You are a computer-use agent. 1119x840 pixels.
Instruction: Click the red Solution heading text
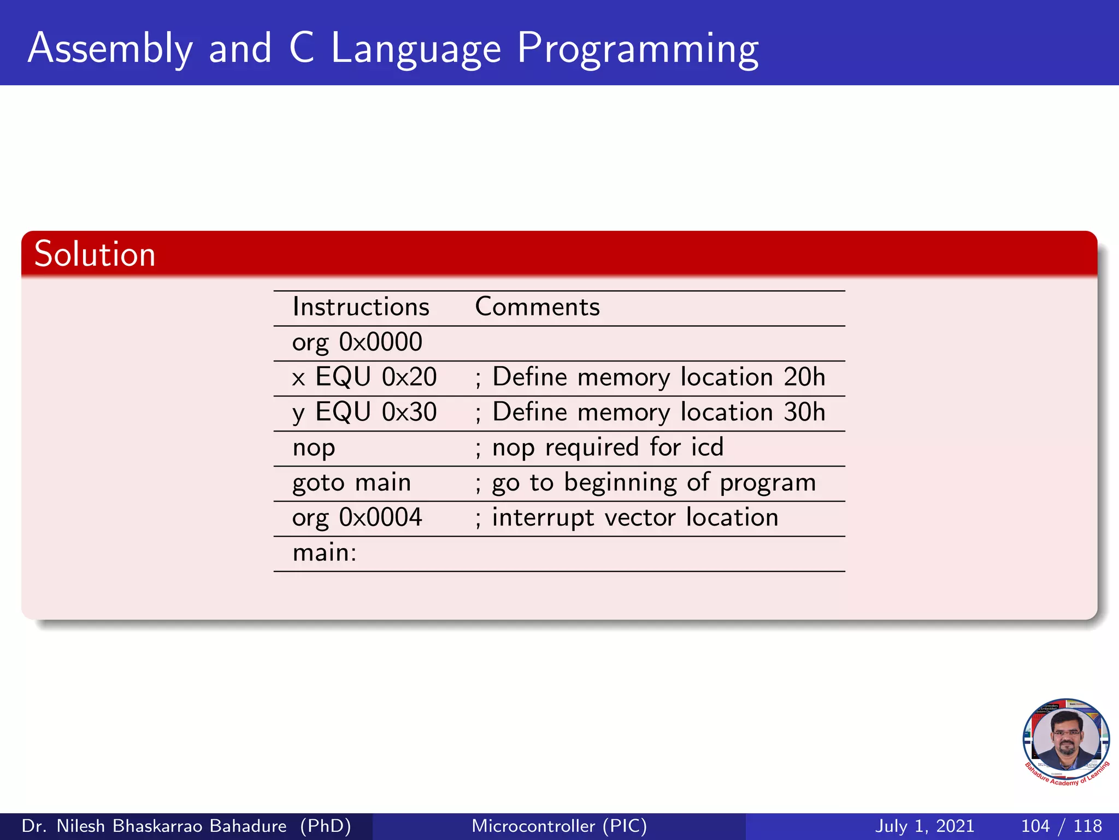coord(95,254)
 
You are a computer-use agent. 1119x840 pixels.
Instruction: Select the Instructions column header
coord(361,307)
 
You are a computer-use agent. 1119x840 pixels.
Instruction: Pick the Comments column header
coord(537,307)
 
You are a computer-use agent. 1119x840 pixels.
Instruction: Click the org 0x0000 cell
coord(357,342)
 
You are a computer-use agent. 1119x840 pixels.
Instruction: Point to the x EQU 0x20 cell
coord(364,377)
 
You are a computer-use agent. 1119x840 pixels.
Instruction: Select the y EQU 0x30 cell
coord(364,412)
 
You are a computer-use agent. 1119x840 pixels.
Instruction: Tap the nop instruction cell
coord(314,448)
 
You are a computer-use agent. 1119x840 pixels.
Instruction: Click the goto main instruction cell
coord(351,483)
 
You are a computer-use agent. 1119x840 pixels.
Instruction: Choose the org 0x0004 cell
coord(357,517)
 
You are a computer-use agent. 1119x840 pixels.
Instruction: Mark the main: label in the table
coord(325,553)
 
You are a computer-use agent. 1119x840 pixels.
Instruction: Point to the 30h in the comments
coord(804,412)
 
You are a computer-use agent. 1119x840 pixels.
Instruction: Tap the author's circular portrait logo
coord(1066,742)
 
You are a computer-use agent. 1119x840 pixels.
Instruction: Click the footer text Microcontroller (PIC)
coord(559,826)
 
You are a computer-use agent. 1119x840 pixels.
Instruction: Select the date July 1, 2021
coord(924,826)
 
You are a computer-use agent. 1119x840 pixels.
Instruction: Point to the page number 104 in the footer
coord(1035,826)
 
